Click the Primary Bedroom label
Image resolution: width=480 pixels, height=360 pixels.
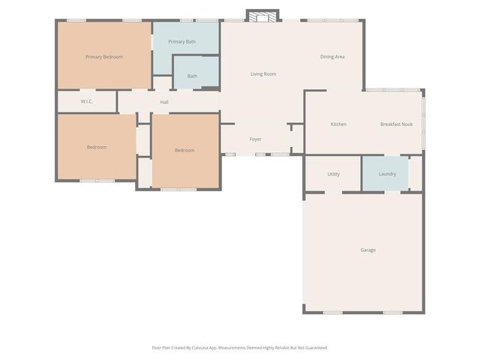tap(104, 57)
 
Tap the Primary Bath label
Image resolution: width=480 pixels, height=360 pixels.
tap(182, 42)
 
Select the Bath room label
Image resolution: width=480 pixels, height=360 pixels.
tap(193, 76)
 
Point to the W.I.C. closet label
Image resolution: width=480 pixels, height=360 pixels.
tap(86, 101)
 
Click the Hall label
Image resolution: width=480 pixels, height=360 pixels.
tap(164, 102)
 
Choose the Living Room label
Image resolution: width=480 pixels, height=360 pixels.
tap(263, 74)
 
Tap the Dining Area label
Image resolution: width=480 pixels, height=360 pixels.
tap(332, 57)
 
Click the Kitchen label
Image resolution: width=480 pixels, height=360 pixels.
tap(338, 124)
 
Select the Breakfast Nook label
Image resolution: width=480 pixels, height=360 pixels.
tap(397, 124)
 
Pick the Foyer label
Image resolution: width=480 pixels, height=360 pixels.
tap(256, 139)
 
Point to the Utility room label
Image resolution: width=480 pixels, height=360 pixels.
tap(334, 174)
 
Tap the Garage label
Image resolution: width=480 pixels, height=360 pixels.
tap(367, 250)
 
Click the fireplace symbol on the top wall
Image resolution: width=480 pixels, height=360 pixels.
tap(262, 16)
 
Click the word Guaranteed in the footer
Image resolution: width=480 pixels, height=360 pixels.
tap(314, 347)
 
